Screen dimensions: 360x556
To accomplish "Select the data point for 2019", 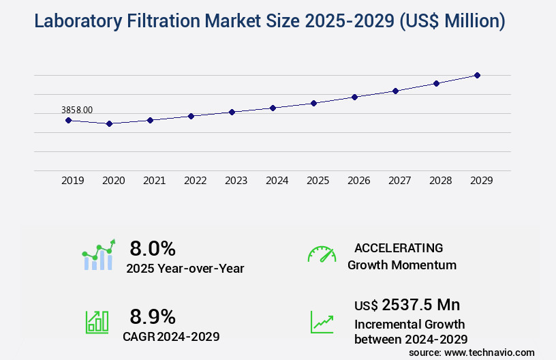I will click(x=68, y=120).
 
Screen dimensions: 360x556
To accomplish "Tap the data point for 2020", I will click(x=109, y=123).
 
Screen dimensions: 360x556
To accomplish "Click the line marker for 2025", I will click(x=313, y=103).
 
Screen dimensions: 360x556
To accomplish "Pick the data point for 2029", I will click(x=477, y=75).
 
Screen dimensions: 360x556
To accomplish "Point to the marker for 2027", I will click(x=395, y=91).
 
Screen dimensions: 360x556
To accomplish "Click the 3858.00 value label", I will click(x=77, y=109).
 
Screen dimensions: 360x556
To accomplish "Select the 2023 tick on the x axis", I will click(x=236, y=181).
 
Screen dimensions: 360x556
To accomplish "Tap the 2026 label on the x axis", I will click(x=358, y=181).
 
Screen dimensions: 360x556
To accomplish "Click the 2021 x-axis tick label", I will click(x=154, y=181).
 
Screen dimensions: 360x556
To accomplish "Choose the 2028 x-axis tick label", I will click(x=440, y=181).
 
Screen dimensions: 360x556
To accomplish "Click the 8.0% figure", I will click(x=153, y=248).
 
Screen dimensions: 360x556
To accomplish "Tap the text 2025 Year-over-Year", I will click(x=185, y=269).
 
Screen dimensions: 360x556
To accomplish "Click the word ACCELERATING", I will click(x=399, y=247).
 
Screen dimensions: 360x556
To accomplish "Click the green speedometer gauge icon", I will click(x=322, y=254).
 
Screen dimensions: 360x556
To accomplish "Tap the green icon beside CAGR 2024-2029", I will click(x=97, y=322).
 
